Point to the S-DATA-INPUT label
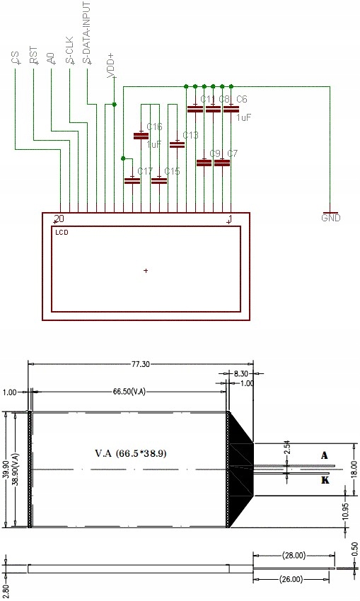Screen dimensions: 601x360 [x=86, y=33]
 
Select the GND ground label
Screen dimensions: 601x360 [x=330, y=218]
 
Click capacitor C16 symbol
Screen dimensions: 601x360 [x=141, y=135]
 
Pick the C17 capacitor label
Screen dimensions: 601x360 [x=145, y=171]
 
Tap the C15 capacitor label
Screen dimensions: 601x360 [x=172, y=171]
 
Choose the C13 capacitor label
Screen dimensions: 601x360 [x=190, y=135]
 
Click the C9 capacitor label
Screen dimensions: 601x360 [x=215, y=153]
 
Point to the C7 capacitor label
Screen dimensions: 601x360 [x=233, y=153]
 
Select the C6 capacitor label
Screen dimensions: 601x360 [x=241, y=99]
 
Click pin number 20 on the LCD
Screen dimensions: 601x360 [x=59, y=218]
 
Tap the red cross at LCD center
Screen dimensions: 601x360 [x=146, y=270]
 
